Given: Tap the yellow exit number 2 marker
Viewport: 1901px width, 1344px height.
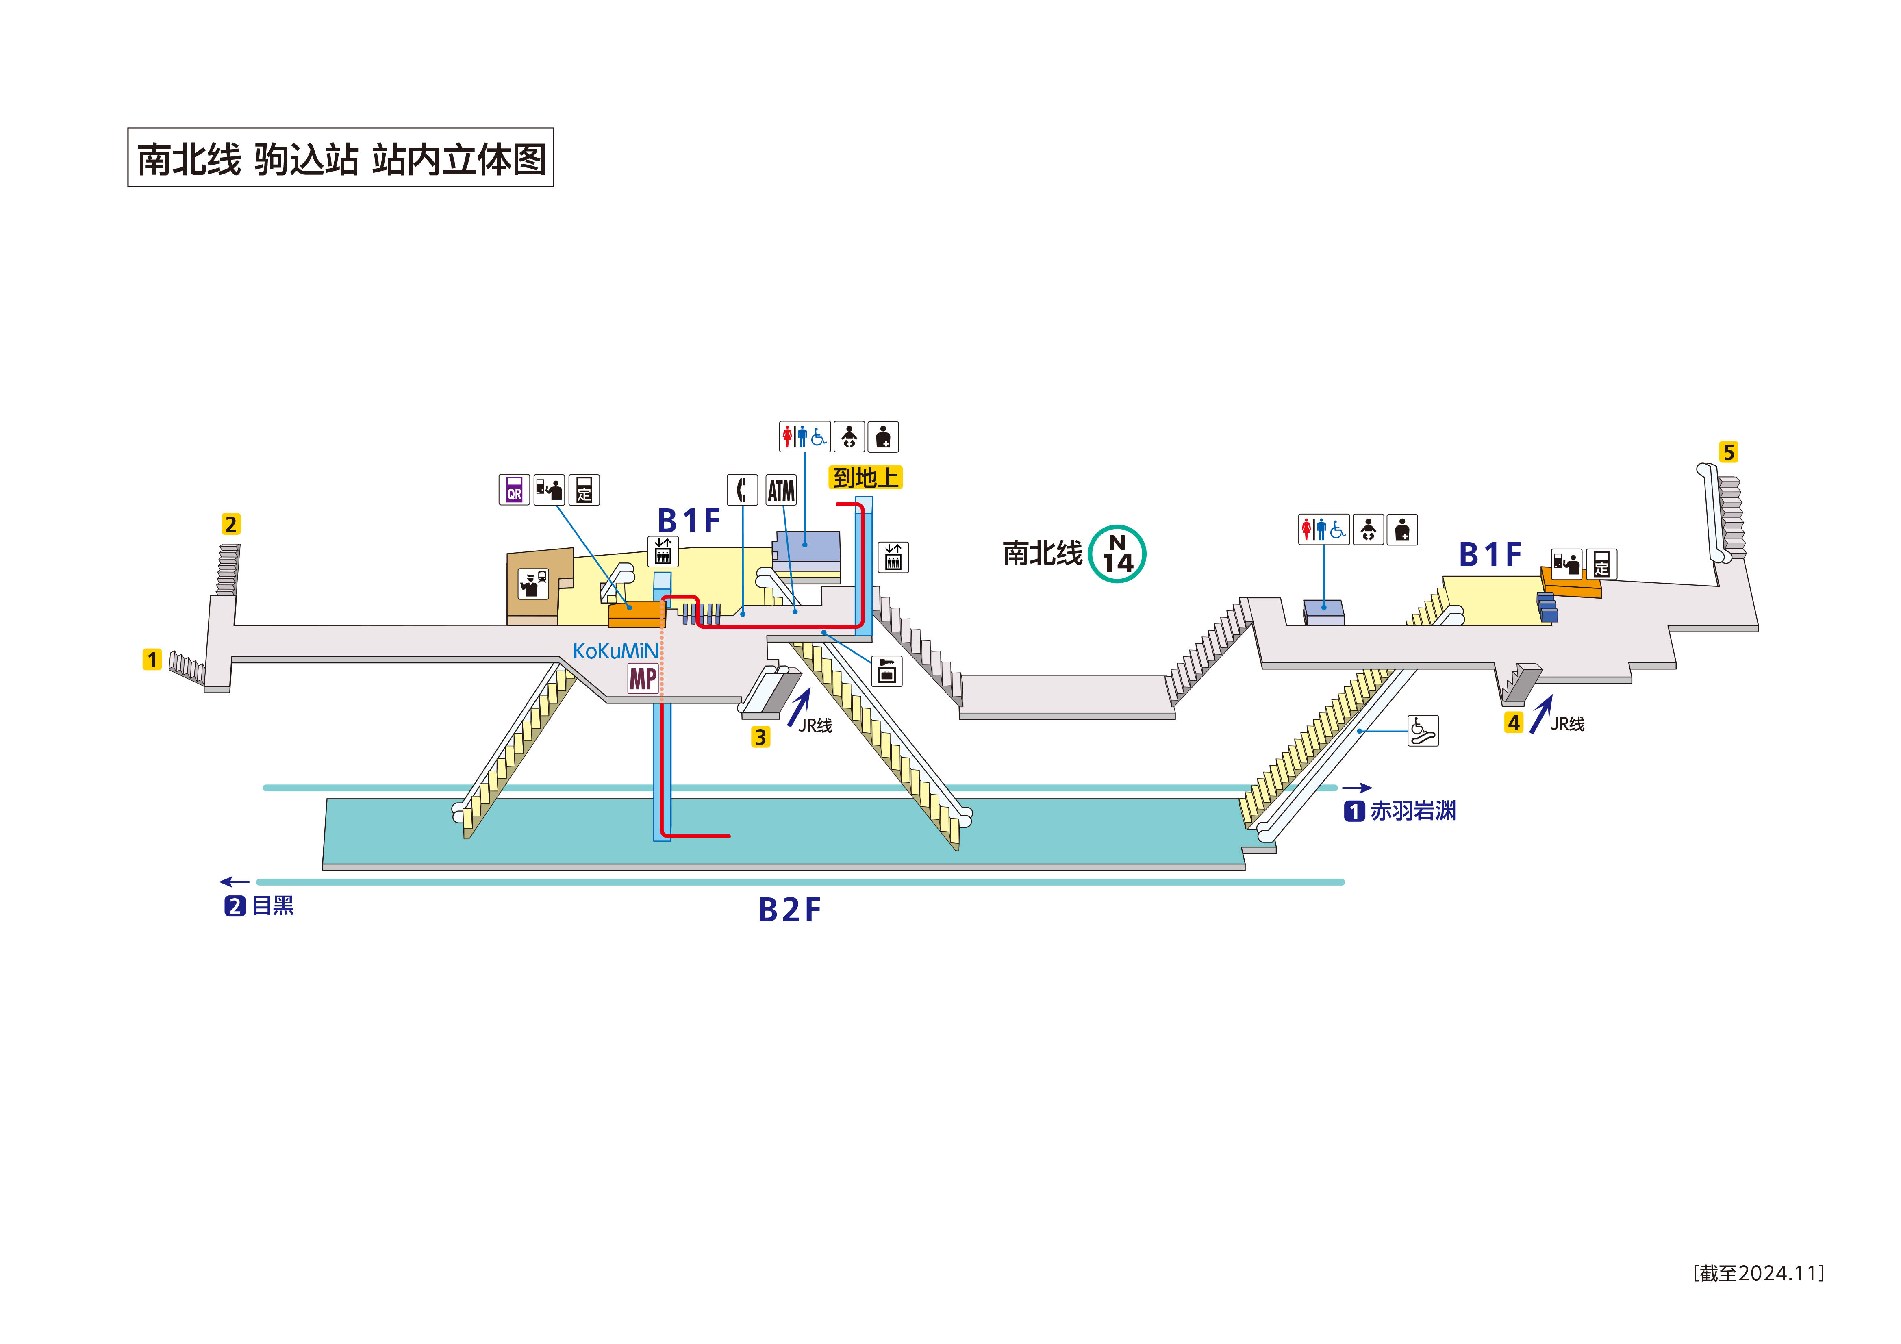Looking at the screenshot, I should pos(231,524).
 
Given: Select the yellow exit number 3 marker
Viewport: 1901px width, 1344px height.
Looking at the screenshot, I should pos(760,737).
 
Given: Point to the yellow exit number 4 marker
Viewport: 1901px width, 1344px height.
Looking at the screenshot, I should pos(1514,723).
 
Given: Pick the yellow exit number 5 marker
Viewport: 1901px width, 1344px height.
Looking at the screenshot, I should pos(1728,452).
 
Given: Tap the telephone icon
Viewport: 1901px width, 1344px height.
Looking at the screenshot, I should pos(742,490).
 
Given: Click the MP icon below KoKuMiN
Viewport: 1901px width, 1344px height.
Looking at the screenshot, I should pos(643,679).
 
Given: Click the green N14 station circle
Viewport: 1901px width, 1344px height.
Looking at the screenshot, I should pos(1117,554).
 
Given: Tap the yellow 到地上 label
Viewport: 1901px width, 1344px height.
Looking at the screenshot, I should pos(865,478).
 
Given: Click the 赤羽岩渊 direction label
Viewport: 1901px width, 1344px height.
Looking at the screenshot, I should pos(1412,811).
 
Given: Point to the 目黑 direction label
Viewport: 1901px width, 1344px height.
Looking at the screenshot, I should pos(272,906).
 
